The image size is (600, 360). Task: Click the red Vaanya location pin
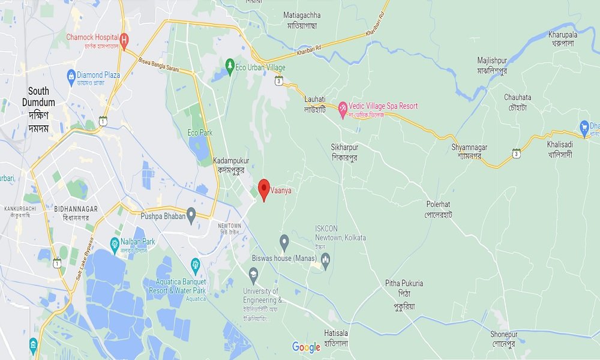click(263, 189)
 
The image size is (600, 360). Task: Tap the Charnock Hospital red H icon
click(124, 41)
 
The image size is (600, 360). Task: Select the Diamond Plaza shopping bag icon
click(70, 76)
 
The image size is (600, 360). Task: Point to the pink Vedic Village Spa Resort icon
click(343, 110)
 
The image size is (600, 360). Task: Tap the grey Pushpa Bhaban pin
click(191, 214)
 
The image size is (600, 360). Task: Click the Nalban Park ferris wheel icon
click(114, 243)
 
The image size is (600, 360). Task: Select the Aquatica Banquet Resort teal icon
click(195, 264)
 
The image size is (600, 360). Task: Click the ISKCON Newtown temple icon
click(326, 259)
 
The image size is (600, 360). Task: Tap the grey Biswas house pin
click(285, 242)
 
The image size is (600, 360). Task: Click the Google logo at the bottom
click(306, 347)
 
